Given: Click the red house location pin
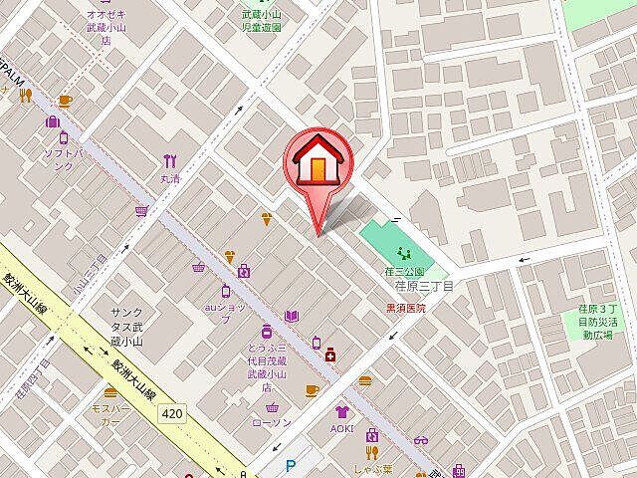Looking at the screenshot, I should click(x=317, y=161).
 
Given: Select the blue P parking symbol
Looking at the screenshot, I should click(x=291, y=463).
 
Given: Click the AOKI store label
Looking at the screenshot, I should click(x=342, y=428).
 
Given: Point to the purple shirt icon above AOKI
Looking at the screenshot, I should click(x=342, y=411).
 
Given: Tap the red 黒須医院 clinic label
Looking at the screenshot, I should click(x=405, y=309).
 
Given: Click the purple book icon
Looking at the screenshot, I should click(x=292, y=316).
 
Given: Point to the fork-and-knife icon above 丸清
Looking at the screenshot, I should click(x=171, y=161).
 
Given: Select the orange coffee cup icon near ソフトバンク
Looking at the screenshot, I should click(x=65, y=100).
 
